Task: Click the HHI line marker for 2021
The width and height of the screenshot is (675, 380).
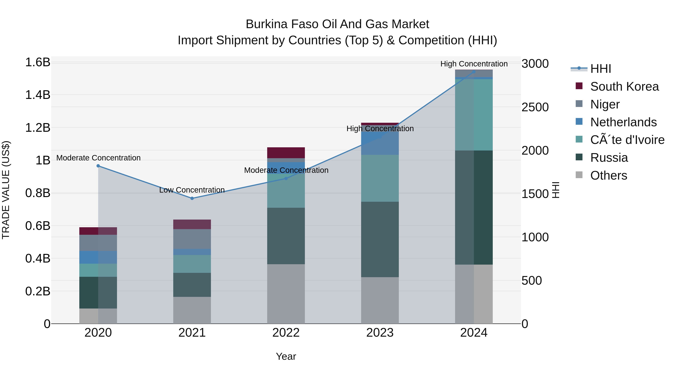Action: coord(192,198)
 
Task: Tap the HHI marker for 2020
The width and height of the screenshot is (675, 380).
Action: coord(98,166)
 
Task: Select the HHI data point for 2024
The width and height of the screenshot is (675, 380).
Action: coord(474,72)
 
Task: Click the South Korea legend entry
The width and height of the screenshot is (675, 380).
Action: coord(624,87)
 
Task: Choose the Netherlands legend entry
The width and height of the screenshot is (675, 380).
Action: coord(623,122)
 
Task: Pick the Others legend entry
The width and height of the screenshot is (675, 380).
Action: coord(608,175)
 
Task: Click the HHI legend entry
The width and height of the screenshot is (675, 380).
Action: coord(600,69)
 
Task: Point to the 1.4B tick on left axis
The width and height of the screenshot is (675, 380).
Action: coord(37,95)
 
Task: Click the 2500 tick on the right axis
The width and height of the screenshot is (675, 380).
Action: coord(535,107)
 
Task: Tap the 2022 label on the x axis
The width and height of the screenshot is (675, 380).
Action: coord(286,333)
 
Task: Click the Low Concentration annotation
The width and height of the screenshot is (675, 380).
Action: coord(192,190)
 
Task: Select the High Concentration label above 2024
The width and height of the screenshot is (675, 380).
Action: coord(474,64)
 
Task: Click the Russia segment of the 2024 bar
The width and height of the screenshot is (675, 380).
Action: coord(474,207)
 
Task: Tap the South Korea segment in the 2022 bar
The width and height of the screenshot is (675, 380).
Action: coord(286,153)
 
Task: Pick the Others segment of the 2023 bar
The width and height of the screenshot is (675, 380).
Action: coord(380,300)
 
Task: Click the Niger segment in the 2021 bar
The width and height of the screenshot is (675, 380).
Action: coord(192,239)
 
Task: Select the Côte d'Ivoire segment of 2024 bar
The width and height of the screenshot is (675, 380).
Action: coord(474,115)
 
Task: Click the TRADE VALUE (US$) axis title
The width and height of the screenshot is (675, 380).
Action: coord(6,190)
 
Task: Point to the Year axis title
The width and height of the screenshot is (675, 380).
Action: coord(286,356)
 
